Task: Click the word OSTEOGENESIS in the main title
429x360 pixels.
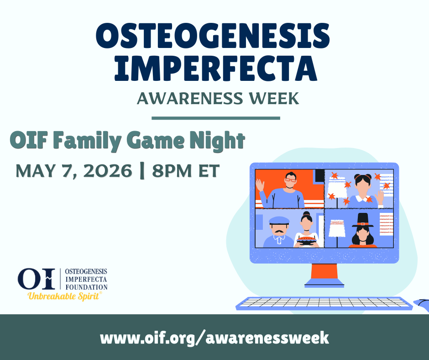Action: [213, 36]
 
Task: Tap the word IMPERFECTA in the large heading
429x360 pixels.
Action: [215, 69]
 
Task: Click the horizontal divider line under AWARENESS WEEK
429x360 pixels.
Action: [216, 118]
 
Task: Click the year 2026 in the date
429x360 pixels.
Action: [108, 171]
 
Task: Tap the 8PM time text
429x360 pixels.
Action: [172, 171]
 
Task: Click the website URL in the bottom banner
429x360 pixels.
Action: [214, 338]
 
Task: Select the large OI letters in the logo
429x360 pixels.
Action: [37, 279]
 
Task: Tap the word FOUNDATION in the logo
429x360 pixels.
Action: [86, 287]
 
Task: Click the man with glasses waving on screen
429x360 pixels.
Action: [282, 191]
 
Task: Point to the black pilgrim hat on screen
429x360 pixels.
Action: [363, 220]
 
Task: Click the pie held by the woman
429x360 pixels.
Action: [306, 241]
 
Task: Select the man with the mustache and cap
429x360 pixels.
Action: [278, 232]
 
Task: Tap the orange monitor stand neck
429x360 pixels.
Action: [324, 271]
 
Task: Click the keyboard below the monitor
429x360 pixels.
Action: [324, 303]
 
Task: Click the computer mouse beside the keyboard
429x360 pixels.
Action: [422, 305]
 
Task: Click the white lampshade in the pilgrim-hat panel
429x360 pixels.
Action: [337, 228]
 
